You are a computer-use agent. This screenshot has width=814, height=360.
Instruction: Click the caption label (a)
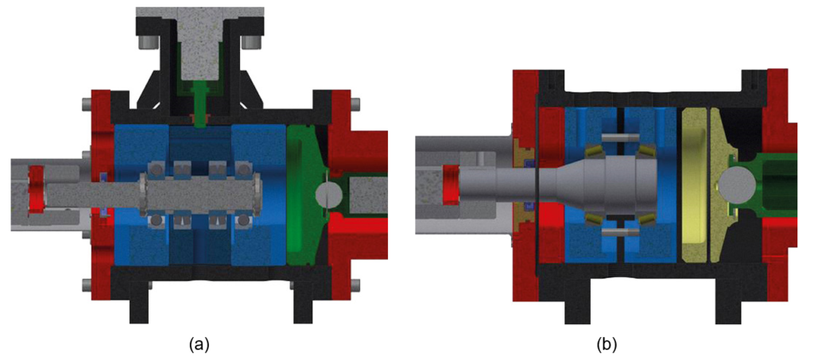tap(199, 344)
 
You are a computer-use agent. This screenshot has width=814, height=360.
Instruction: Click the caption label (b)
tap(607, 344)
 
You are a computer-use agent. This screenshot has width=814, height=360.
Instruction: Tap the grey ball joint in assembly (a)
tap(326, 193)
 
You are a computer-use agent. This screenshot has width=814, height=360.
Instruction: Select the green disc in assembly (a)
tap(300, 194)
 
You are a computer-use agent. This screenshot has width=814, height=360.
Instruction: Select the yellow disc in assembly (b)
tap(695, 186)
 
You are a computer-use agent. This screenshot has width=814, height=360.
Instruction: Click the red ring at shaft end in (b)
tap(452, 184)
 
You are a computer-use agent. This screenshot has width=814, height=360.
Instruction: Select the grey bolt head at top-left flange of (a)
tap(85, 103)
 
